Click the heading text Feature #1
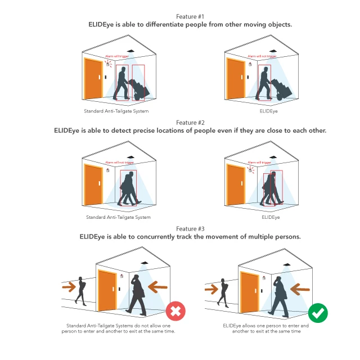coord(190,16)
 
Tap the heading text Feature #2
coord(190,123)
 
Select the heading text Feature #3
coord(190,229)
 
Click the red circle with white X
coord(175,311)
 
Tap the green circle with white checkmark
coord(318,313)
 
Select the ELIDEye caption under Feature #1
coord(269,111)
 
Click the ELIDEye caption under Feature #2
coord(271,217)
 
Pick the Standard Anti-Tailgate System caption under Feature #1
coord(116,111)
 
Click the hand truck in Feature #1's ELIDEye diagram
coord(281,89)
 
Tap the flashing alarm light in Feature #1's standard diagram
coord(108,64)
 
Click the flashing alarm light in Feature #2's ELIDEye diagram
coord(250,170)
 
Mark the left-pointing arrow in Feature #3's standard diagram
coord(157,287)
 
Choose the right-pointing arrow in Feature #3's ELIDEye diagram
coord(211,289)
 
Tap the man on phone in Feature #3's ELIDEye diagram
coord(280,297)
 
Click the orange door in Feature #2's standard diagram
coord(93,184)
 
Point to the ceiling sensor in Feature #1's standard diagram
coord(130,51)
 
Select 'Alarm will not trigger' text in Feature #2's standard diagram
coord(119,163)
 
